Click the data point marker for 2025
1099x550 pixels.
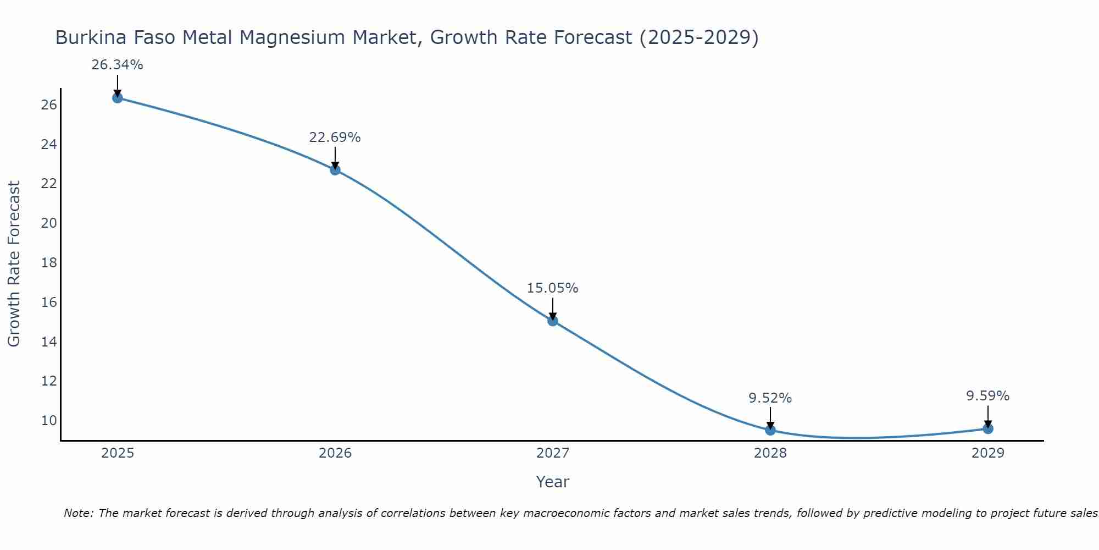[x=117, y=98]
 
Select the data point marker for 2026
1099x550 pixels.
[x=335, y=170]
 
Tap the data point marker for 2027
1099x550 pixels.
[x=553, y=321]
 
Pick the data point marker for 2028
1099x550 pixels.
[x=770, y=430]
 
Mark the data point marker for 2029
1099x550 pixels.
[x=988, y=428]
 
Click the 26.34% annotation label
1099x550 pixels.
[x=117, y=65]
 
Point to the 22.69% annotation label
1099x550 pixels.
[x=335, y=137]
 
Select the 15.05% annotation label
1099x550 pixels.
[x=552, y=288]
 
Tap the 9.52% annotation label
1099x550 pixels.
[x=770, y=398]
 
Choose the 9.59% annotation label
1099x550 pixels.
[x=987, y=396]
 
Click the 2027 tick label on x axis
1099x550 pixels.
[x=553, y=453]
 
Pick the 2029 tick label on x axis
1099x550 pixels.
[x=988, y=453]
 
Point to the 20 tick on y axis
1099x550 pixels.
[x=49, y=223]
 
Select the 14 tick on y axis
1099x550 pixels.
[x=49, y=342]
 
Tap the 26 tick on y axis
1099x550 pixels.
[x=49, y=105]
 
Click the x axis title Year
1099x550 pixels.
[x=552, y=482]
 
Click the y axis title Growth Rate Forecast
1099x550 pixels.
[x=14, y=264]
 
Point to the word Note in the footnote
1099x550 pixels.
[x=78, y=514]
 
